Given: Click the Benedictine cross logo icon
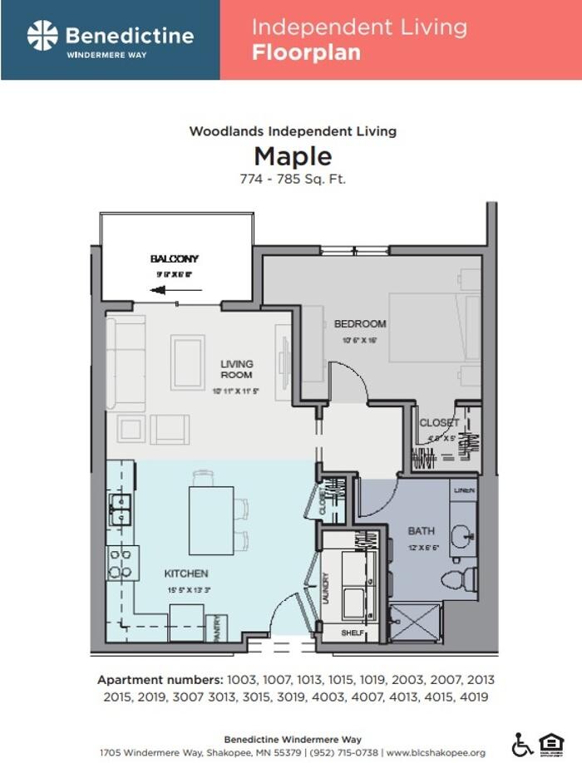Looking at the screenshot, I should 42,36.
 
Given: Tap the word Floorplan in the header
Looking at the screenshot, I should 306,53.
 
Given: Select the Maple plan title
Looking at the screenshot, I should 293,156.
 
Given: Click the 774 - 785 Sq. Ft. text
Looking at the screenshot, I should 293,178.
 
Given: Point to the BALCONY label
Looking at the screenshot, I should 175,259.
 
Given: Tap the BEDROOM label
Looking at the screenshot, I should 360,323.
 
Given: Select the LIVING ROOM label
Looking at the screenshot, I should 237,369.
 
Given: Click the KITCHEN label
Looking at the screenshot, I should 185,573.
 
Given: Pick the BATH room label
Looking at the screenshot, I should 420,530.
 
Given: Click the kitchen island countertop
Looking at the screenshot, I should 211,520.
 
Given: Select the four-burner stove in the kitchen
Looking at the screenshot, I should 121,563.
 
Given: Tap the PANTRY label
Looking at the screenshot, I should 217,628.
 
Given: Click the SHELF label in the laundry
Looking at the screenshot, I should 353,633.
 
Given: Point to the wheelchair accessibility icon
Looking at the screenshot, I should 522,744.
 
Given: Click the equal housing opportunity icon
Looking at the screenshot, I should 550,744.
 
